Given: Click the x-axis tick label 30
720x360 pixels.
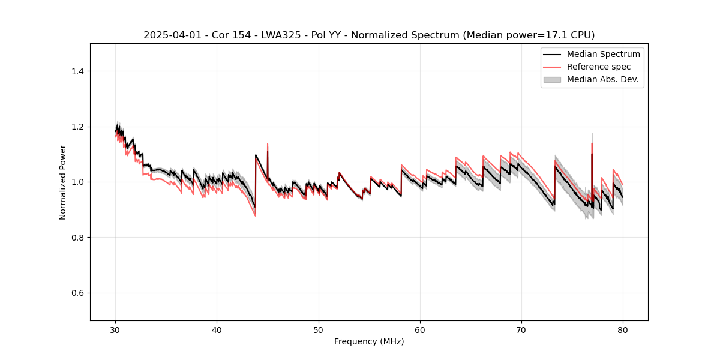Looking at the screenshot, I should coord(115,330).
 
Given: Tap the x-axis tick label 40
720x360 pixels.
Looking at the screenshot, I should coord(217,330).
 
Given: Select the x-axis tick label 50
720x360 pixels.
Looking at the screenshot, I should coord(318,330).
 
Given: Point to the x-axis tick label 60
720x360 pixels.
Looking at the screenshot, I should coord(420,330).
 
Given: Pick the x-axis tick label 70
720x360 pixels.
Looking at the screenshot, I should coord(521,330).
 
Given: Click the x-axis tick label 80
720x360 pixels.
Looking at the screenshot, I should coord(623,330).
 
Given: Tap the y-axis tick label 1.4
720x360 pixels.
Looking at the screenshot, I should coord(77,71).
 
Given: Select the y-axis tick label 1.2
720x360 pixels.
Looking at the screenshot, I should coord(77,127).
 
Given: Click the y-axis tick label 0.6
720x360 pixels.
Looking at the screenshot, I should coord(77,293).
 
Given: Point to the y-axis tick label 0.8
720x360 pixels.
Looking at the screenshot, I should coord(77,238).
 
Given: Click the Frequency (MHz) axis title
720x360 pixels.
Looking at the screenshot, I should coord(369,342).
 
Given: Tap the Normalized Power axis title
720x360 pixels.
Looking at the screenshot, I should coord(63,182).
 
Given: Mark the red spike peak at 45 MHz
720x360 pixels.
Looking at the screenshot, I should coord(268,144).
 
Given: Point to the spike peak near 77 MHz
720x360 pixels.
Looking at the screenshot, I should coord(592,134).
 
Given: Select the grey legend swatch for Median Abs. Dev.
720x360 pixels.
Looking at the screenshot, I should coord(552,79).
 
